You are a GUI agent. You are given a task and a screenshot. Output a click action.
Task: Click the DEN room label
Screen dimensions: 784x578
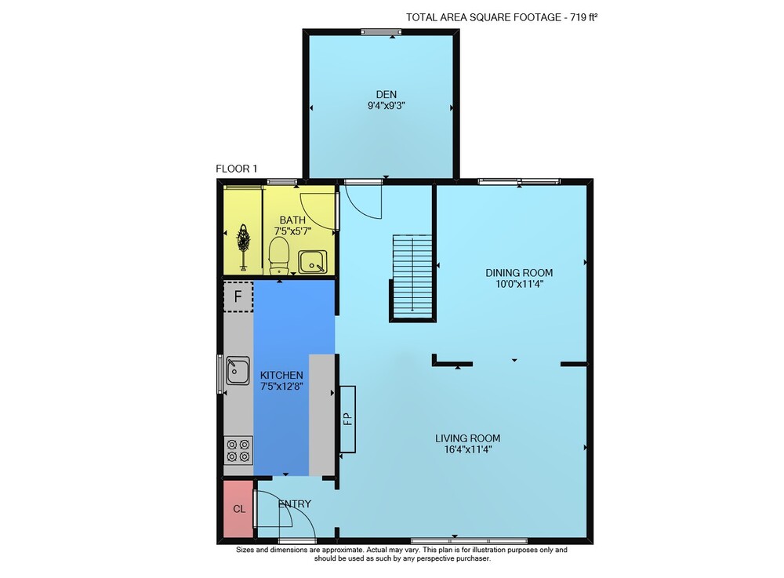386,94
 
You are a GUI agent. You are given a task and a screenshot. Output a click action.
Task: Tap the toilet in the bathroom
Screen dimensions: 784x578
279,256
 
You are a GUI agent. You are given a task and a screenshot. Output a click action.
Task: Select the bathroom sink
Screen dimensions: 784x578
313,262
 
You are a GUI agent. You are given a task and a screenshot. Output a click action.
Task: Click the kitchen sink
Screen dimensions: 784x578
238,370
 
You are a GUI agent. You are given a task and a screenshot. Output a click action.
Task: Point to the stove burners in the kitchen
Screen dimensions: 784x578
238,450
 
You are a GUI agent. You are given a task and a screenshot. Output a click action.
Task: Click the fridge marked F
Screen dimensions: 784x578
238,296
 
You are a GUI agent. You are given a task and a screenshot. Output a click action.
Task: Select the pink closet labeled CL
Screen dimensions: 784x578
238,509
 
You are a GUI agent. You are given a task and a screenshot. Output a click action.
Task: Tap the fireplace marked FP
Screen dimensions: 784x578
348,419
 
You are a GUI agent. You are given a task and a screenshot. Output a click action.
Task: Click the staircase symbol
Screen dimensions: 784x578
412,278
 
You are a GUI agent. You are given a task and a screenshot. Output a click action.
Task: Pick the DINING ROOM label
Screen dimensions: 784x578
519,273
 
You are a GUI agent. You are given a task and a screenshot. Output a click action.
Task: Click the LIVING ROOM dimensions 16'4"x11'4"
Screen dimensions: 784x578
468,449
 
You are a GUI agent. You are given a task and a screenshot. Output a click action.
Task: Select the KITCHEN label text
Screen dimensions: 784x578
281,375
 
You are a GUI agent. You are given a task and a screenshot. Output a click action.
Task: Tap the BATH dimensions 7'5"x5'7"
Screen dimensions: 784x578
293,231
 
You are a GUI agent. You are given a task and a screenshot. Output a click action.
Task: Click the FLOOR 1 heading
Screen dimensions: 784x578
237,169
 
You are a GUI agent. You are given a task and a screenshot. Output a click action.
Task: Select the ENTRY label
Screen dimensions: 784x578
295,504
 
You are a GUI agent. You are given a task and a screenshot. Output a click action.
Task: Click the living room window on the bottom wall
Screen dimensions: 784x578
469,541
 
